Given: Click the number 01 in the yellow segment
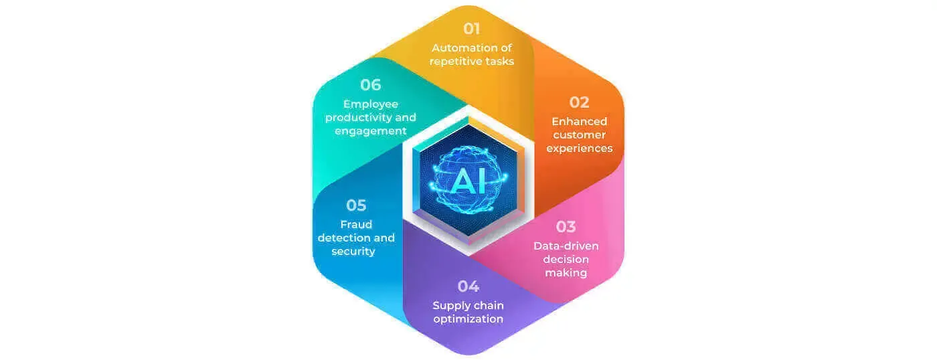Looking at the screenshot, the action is tap(471, 28).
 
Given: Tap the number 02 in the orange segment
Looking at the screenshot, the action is tap(580, 102).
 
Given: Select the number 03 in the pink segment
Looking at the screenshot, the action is tap(566, 227).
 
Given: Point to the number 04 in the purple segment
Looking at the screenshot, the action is tap(468, 286).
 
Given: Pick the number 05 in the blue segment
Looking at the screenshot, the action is tap(356, 205).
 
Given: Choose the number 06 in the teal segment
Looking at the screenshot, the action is tap(371, 85).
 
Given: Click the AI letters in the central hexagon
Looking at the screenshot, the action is tap(469, 181).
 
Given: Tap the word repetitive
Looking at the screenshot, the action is tap(454, 62).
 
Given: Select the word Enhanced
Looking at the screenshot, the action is tap(580, 122).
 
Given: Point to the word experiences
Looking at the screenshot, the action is tap(580, 149).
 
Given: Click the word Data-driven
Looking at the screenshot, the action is tap(566, 246).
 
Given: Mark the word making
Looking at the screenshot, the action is tap(566, 274).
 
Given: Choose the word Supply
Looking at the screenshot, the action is tap(449, 306).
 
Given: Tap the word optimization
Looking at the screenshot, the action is tap(468, 319).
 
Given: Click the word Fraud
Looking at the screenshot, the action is tap(356, 225).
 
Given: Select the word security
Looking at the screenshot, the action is tap(353, 252).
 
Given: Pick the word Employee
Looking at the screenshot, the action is tap(371, 104).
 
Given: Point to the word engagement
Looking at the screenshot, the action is tap(371, 132).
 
